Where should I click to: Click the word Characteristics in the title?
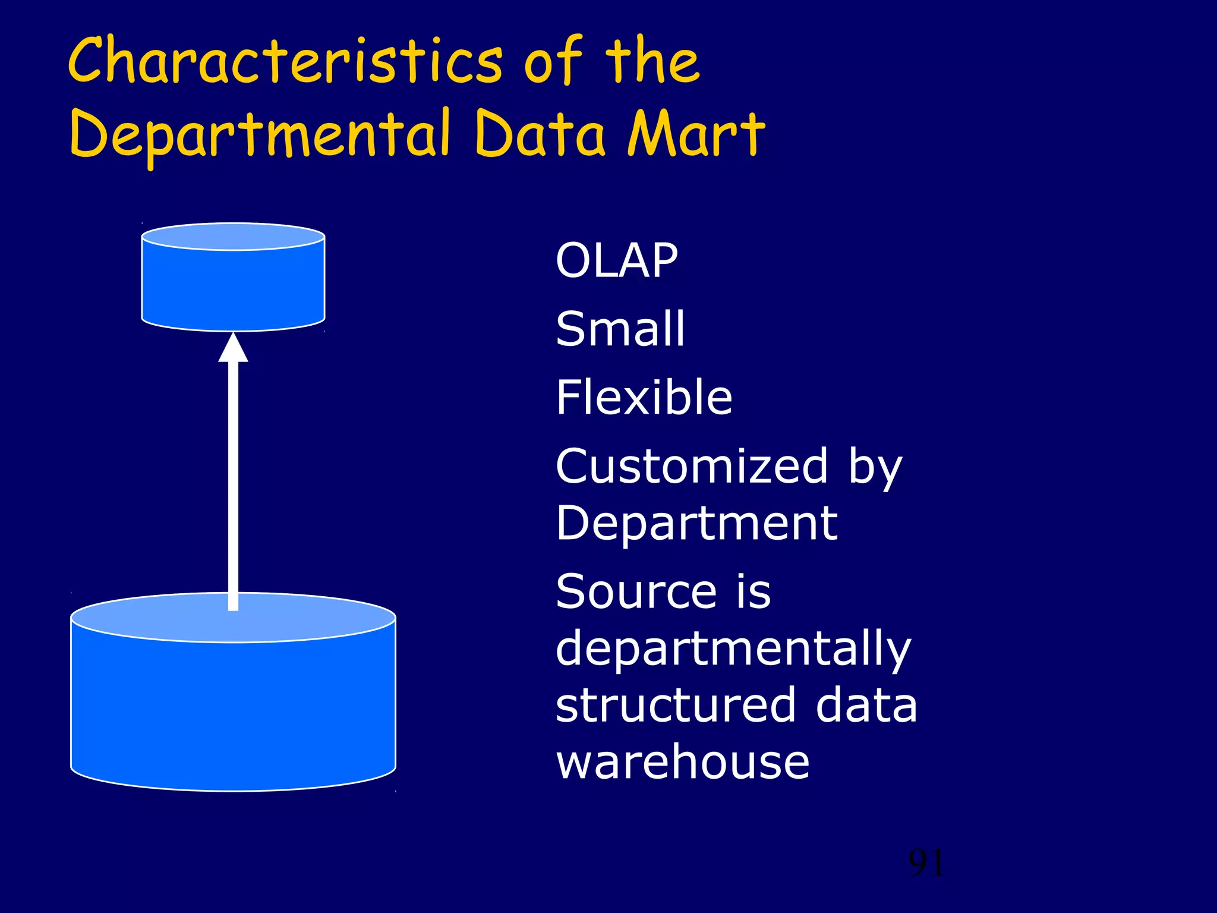click(x=285, y=61)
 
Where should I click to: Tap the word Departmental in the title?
click(x=259, y=134)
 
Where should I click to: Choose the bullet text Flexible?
click(x=644, y=397)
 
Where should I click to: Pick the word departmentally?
click(x=733, y=649)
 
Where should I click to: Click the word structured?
click(x=675, y=705)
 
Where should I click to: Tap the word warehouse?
click(x=682, y=762)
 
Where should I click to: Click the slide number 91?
click(x=926, y=863)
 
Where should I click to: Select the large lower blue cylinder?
click(x=233, y=713)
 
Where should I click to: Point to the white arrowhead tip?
click(x=233, y=336)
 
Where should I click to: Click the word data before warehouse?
click(x=866, y=705)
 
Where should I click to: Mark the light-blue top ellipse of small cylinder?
click(x=233, y=237)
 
